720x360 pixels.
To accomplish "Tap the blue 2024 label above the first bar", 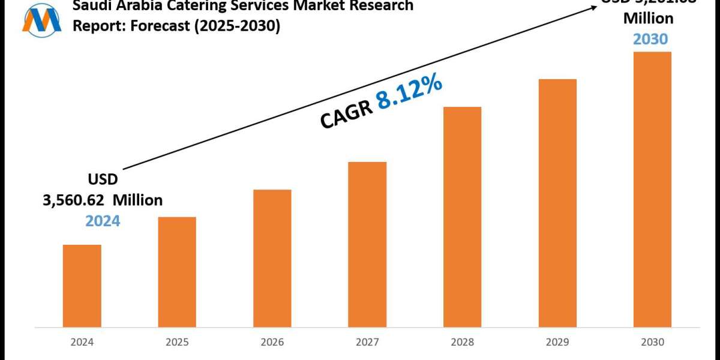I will coord(103,221).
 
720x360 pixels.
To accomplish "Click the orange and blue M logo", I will coord(41,19).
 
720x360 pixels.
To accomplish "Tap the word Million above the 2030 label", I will coord(648,19).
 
